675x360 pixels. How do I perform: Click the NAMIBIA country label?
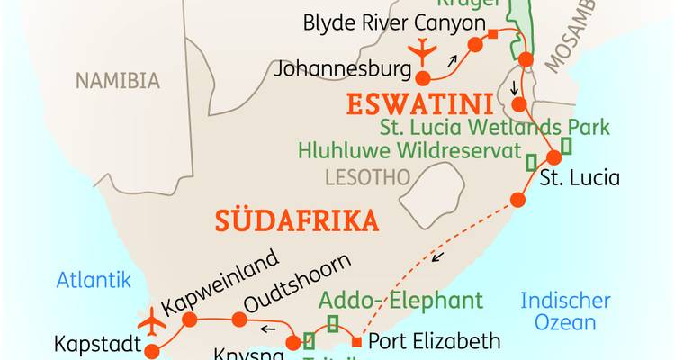(x=117, y=81)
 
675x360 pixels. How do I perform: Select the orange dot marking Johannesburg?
(x=421, y=78)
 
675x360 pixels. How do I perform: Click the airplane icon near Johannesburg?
(x=420, y=53)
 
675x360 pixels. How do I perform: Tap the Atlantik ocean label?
(x=94, y=280)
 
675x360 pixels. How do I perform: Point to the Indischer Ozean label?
(x=565, y=311)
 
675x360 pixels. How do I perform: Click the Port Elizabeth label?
(x=434, y=341)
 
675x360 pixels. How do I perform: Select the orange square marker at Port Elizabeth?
(x=357, y=342)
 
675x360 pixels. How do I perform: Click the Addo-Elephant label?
(x=401, y=300)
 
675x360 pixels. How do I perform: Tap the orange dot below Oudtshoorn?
(x=238, y=319)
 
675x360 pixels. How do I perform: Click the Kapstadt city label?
(x=94, y=344)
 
